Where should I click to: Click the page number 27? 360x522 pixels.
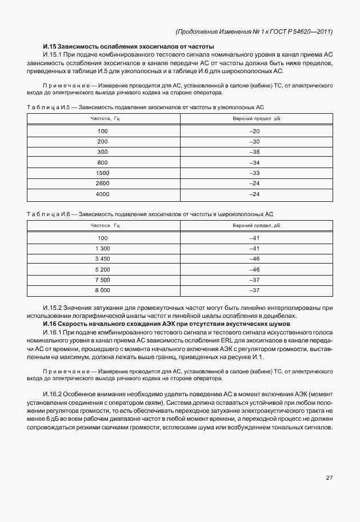[x=329, y=477]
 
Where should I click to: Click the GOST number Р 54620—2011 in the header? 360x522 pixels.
[x=307, y=31]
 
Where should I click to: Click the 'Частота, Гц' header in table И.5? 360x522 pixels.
[x=103, y=118]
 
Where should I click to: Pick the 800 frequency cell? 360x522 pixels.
[x=103, y=162]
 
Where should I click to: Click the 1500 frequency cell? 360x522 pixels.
[x=103, y=173]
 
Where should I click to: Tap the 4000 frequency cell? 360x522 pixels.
[x=103, y=194]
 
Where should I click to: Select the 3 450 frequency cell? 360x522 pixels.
[x=103, y=259]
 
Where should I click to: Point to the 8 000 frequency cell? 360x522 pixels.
[x=103, y=290]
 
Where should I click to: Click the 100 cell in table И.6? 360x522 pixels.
[x=103, y=238]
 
